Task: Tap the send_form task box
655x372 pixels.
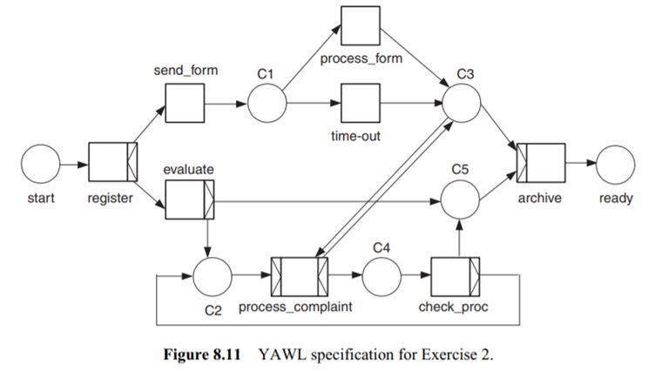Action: coord(185,105)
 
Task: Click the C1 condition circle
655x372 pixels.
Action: coord(267,106)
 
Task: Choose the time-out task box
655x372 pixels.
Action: coord(359,105)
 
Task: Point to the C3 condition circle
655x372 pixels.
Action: coord(462,106)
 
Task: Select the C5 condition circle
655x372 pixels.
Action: coord(462,203)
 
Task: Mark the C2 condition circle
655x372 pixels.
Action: coord(212,278)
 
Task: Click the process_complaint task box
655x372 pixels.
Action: coord(299,278)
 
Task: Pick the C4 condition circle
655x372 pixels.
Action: coord(381,278)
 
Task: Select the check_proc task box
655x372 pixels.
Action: coord(456,278)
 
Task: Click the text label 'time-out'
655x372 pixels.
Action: coord(359,137)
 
